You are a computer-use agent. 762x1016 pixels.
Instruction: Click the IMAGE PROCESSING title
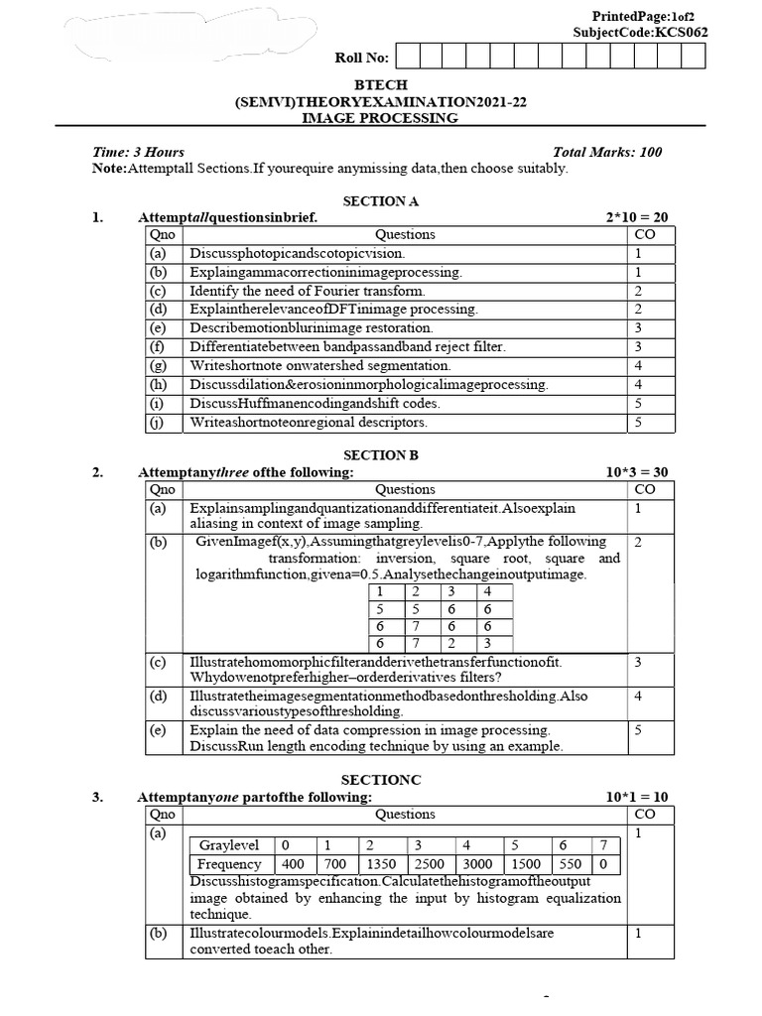click(380, 118)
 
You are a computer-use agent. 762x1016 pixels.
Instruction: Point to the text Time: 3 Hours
click(138, 152)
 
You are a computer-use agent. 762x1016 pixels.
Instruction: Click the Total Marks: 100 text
click(607, 152)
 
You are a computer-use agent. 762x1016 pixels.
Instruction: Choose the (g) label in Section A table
click(159, 365)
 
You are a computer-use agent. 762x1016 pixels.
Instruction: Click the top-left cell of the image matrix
click(380, 591)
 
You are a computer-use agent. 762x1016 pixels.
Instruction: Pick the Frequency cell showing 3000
click(478, 864)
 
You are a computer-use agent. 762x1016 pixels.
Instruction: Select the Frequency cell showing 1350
click(381, 864)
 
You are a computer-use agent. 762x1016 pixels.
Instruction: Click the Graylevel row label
click(229, 845)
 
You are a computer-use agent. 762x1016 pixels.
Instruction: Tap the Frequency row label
click(229, 864)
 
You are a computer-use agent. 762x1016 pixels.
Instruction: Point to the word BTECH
click(380, 85)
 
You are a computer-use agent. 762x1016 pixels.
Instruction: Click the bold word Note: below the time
click(109, 169)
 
